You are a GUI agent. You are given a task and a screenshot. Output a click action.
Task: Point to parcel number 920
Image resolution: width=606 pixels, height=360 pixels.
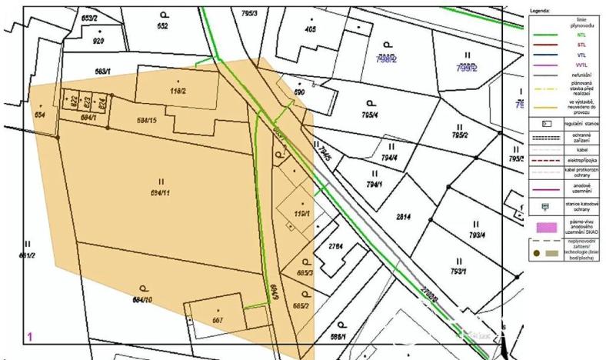(x=98, y=40)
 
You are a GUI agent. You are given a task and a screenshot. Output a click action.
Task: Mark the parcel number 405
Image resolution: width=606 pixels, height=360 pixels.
(x=311, y=29)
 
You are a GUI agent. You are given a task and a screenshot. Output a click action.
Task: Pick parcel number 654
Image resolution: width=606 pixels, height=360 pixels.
(x=39, y=114)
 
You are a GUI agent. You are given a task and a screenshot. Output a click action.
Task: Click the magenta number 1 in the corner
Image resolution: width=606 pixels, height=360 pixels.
(x=30, y=336)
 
